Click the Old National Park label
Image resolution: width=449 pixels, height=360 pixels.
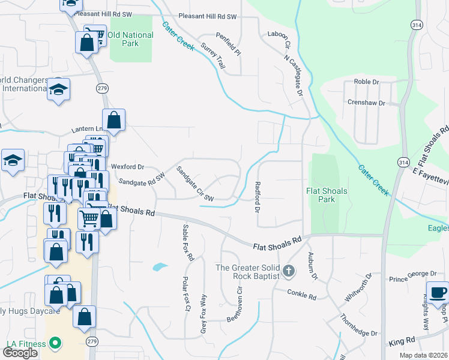pos(130,39)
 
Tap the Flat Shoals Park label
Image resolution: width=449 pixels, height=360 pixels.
pos(328,195)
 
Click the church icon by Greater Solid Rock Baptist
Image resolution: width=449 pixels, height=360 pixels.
pos(288,271)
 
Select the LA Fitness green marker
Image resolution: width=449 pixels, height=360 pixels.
pos(55,344)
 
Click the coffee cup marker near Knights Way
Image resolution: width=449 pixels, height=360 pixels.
pos(438,292)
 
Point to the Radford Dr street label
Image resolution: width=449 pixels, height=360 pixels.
pos(257,197)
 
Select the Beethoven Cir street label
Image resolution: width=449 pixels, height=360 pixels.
pos(234,304)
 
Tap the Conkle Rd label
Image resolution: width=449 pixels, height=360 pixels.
pos(301,295)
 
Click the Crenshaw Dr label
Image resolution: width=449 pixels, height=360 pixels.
pos(366,103)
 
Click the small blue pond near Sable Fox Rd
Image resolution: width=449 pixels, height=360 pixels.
pos(160,266)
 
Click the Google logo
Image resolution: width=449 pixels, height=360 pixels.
pos(20,353)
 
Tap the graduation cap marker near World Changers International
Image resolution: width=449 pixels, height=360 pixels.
pos(59,90)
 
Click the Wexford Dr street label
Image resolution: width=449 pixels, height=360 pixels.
pos(128,167)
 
